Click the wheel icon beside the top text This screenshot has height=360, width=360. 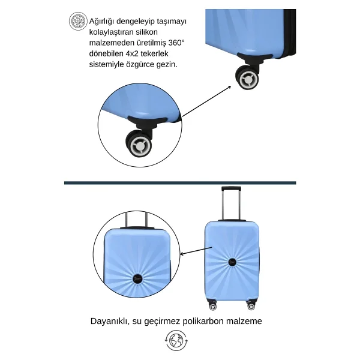[x=78, y=21]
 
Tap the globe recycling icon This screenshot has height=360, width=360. [x=176, y=340]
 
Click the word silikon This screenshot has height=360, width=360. [x=146, y=32]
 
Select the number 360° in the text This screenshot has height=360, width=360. [x=176, y=43]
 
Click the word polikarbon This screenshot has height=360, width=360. [x=202, y=321]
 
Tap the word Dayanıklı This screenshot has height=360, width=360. [x=108, y=321]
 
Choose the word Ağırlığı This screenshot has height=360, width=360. [x=101, y=22]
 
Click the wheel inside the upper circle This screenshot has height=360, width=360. [x=139, y=144]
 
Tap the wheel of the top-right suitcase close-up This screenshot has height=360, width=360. [x=247, y=78]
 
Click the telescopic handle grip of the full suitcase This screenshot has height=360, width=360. [x=231, y=189]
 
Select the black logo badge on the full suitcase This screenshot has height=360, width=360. [x=232, y=262]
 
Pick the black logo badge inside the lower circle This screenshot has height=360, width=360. [x=138, y=278]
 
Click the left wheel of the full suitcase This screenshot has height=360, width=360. [x=212, y=307]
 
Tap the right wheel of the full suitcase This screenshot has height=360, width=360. [x=251, y=306]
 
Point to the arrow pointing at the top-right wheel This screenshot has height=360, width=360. [x=206, y=101]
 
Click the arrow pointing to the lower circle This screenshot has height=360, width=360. [x=196, y=251]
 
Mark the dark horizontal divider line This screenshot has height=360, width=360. [x=180, y=183]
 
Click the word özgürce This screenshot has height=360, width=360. [x=140, y=64]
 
